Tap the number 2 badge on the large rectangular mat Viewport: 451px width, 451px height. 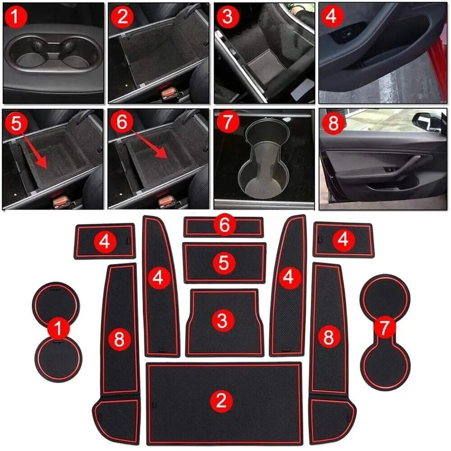[x=221, y=400]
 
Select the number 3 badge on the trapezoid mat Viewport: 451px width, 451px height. [x=223, y=320]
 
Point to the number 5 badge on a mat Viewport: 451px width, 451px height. [x=224, y=262]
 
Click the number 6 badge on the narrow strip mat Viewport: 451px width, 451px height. [x=225, y=225]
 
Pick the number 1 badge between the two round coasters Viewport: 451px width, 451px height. [x=58, y=328]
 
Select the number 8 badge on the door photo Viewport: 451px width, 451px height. [x=333, y=123]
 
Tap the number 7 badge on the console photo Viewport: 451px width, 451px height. [x=228, y=122]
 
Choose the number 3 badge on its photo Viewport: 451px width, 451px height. [x=227, y=17]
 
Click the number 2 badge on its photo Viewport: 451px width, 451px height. [x=122, y=17]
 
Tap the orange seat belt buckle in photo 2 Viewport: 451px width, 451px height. [x=168, y=93]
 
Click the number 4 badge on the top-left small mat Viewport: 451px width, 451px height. [x=105, y=241]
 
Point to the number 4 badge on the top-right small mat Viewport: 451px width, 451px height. [x=343, y=239]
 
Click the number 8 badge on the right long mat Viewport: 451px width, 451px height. [x=329, y=336]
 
